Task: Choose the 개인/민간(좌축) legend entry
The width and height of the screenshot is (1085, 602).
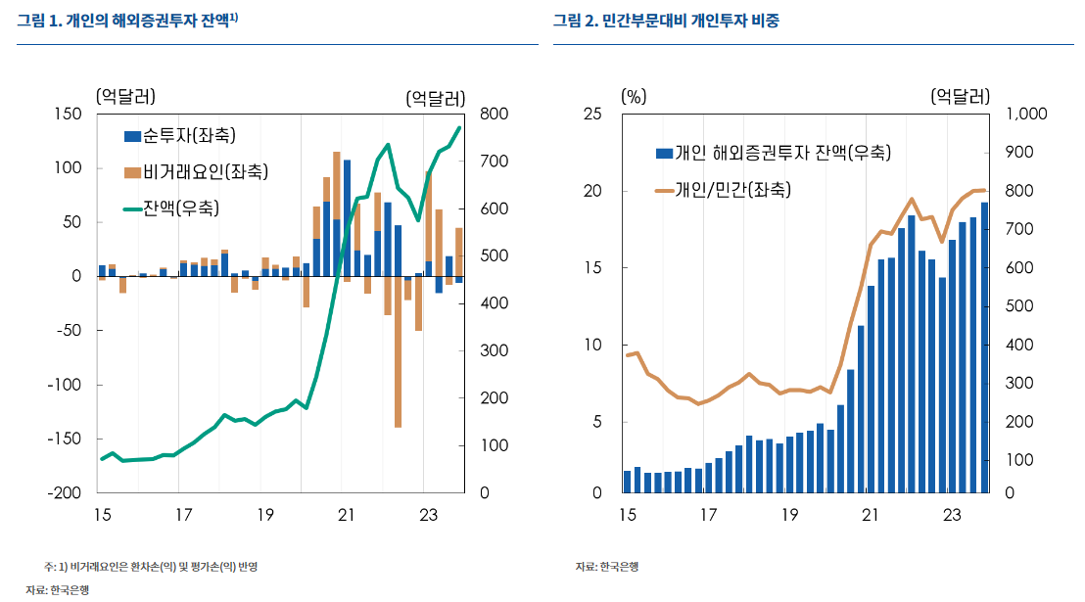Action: coord(732,190)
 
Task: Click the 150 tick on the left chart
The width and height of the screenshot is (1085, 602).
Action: coord(68,115)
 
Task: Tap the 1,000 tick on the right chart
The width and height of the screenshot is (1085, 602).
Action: coord(1026,115)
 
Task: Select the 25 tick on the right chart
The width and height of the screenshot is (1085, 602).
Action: coord(592,115)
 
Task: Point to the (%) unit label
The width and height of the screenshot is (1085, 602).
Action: coord(634,96)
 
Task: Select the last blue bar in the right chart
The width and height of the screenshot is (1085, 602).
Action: coord(984,347)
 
